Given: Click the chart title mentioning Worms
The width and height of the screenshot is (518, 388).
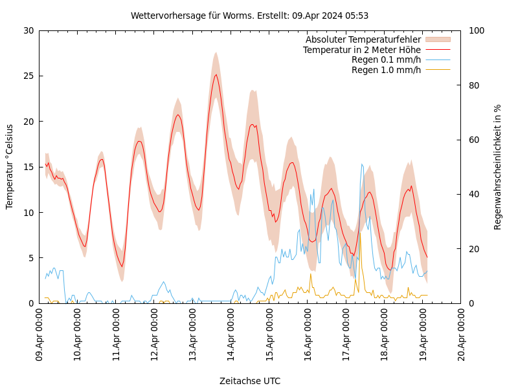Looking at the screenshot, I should (x=249, y=16).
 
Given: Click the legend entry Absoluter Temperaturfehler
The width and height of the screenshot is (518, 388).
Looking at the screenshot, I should (x=363, y=40).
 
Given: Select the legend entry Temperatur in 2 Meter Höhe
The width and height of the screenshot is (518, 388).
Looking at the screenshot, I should (x=361, y=50).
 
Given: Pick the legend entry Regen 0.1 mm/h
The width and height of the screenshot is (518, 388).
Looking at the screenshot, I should (x=386, y=59).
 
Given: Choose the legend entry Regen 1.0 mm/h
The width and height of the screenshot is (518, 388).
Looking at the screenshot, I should (x=386, y=69).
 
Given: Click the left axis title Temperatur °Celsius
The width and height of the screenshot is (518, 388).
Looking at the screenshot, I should (x=10, y=166).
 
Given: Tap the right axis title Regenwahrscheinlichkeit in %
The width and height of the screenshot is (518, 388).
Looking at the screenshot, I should (x=497, y=167).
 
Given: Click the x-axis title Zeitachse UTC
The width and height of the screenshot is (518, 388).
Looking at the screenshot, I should (x=249, y=381).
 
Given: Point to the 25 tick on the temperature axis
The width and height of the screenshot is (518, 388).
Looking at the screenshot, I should (x=29, y=76).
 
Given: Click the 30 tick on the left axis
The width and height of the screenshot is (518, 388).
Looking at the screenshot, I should (x=29, y=30).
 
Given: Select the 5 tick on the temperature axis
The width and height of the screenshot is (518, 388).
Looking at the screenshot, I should (x=32, y=257).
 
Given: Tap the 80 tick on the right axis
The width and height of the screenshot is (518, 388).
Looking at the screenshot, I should (x=474, y=85).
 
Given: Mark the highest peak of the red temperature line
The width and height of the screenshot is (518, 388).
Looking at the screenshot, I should (x=216, y=74).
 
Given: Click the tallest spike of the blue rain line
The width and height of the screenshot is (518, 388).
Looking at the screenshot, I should (x=362, y=164).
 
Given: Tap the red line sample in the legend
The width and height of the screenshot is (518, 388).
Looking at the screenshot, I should (x=437, y=50).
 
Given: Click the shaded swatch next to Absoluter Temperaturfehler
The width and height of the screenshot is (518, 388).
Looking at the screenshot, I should (x=437, y=40).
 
